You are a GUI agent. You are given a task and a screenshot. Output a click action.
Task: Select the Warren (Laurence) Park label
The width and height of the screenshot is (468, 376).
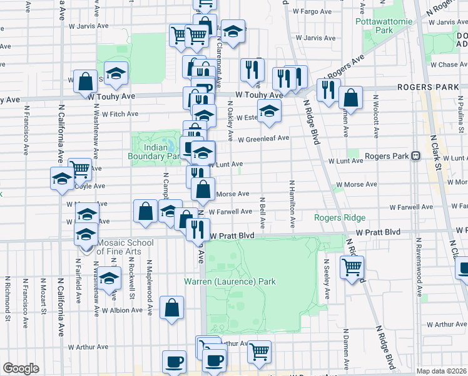pos(230,281)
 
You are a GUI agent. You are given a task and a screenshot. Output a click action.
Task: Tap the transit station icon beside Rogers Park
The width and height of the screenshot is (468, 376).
pos(415,155)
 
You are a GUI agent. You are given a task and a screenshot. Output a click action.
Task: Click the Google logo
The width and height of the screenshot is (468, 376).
pos(21,368)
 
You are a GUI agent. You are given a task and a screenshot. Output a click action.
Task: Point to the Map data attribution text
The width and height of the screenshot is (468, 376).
pos(441,371)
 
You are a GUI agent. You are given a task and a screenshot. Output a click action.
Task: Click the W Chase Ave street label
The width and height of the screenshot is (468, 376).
pos(439,65)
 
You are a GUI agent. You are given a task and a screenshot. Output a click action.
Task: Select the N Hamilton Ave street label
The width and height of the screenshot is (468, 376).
pos(292,204)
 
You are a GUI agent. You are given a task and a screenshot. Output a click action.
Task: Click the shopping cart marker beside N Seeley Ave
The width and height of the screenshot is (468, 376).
pos(352,267)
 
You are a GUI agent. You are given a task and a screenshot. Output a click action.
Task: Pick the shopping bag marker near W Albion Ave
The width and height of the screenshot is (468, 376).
pos(171,308)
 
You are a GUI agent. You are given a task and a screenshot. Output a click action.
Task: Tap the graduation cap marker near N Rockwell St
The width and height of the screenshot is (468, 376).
pos(109,278)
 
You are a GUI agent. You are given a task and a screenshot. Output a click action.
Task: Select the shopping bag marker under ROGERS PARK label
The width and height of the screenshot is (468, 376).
pos(350,98)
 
